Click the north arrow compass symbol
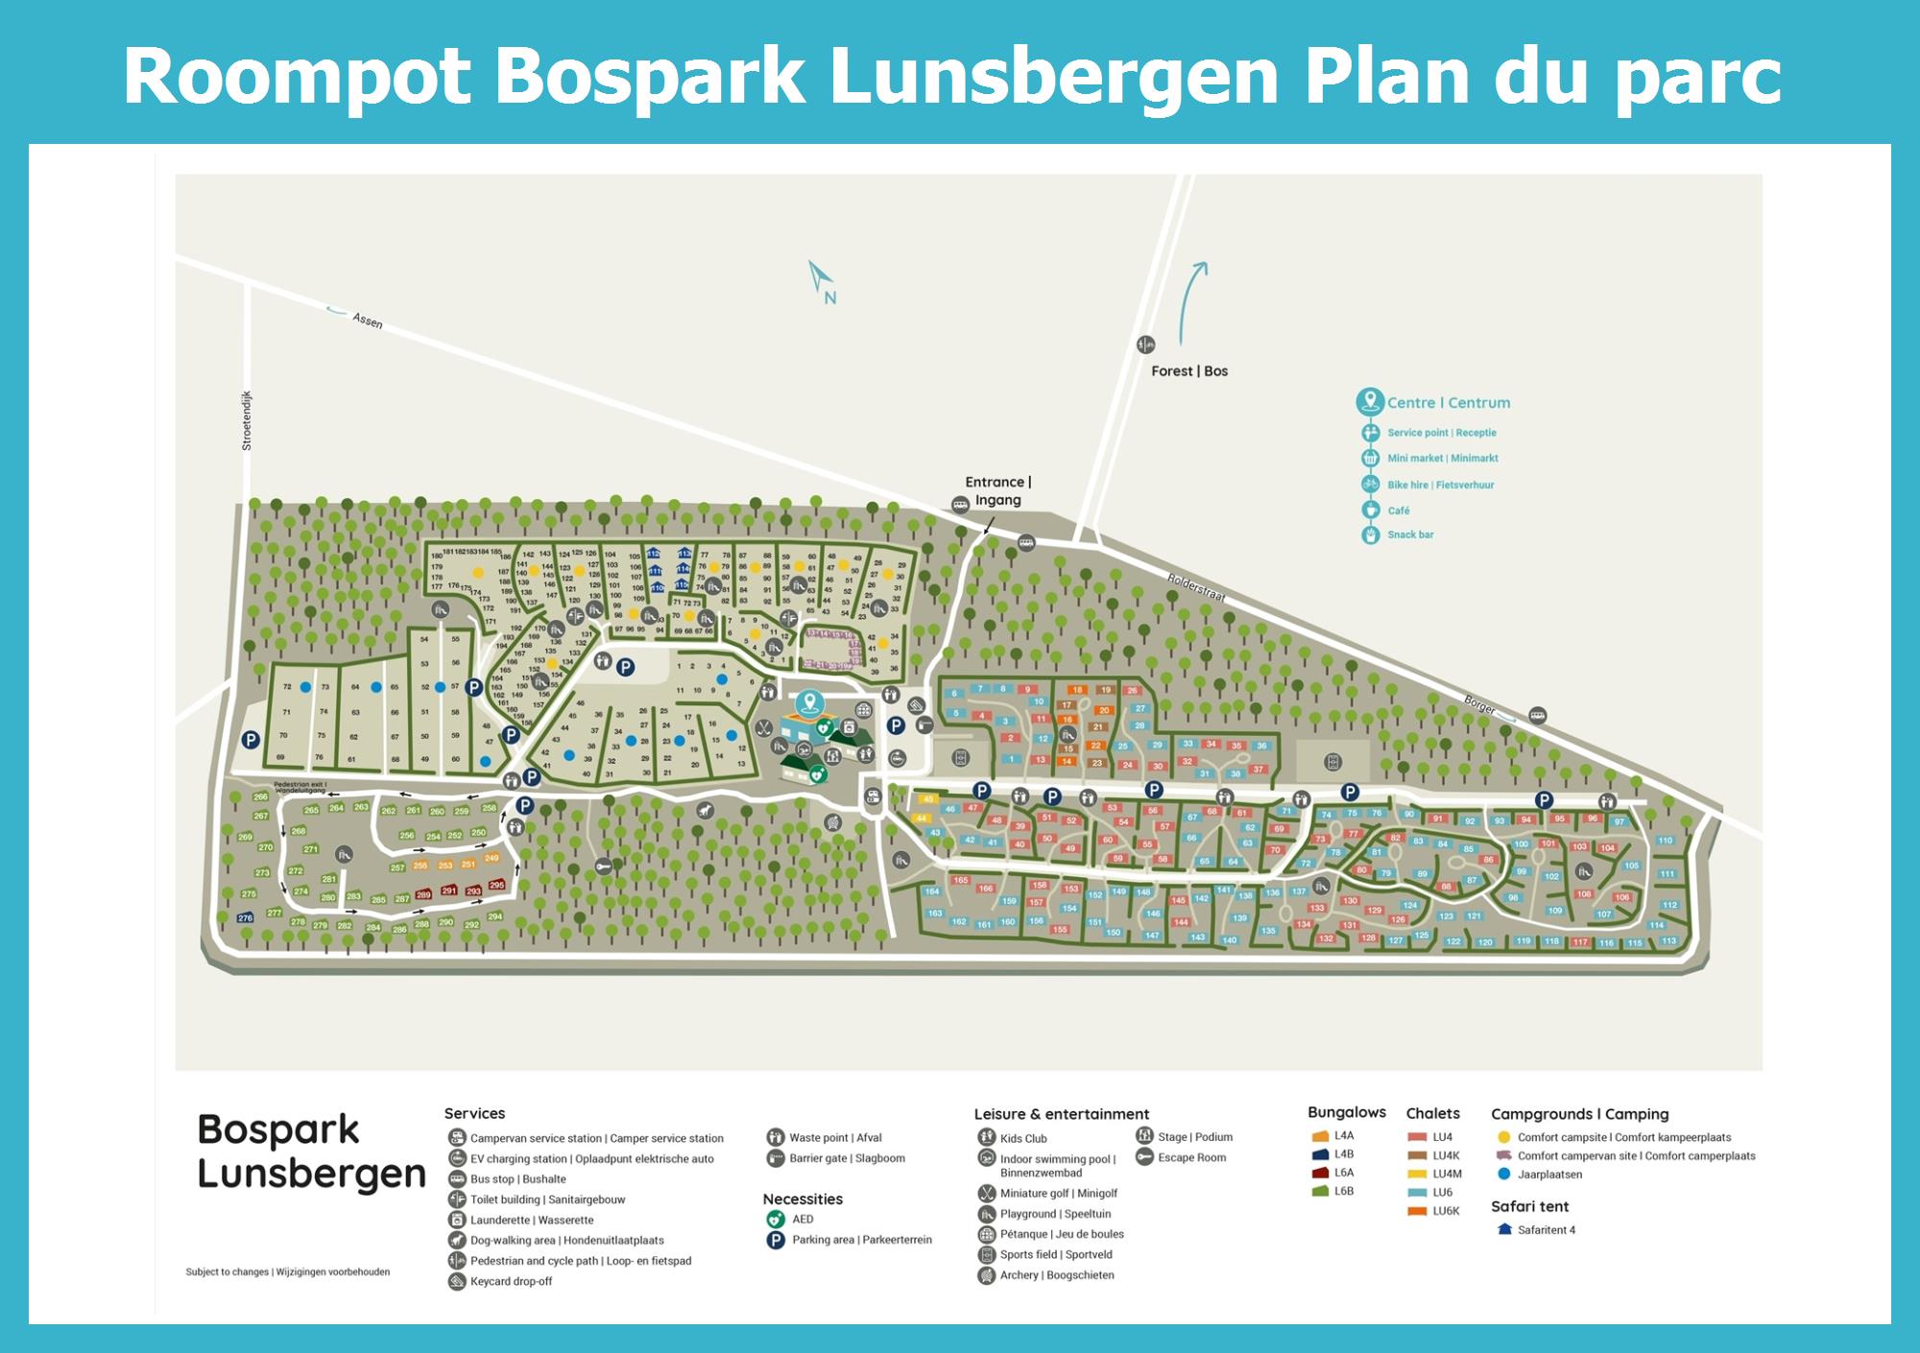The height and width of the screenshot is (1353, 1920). pos(821,280)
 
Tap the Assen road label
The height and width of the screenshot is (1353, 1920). pos(367,320)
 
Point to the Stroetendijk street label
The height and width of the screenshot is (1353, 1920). pos(247,420)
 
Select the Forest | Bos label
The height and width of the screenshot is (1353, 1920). pos(1189,371)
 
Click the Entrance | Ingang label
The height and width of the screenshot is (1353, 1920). pos(997,490)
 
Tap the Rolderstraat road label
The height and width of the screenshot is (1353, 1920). pos(1196,586)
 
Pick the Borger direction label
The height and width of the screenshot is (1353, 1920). pos(1479,705)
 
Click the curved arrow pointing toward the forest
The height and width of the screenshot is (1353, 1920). pos(1189,300)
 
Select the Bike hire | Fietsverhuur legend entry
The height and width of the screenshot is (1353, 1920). pos(1440,485)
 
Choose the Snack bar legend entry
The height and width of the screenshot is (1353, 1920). pos(1409,534)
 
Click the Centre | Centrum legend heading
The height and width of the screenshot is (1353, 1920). pos(1448,403)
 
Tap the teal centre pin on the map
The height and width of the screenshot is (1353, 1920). pos(810,704)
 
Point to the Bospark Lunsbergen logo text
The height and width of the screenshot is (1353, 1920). pos(310,1151)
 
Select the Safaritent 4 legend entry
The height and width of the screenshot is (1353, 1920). pos(1546,1230)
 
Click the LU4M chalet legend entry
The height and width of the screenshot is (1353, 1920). pos(1447,1174)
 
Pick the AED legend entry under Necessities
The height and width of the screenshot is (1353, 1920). pos(802,1220)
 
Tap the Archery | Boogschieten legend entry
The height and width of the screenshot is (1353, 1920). pos(1056,1275)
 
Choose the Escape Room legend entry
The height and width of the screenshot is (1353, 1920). pos(1191,1157)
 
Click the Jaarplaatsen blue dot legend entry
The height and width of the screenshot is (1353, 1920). pos(1548,1175)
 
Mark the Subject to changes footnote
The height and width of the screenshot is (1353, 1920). pos(288,1272)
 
